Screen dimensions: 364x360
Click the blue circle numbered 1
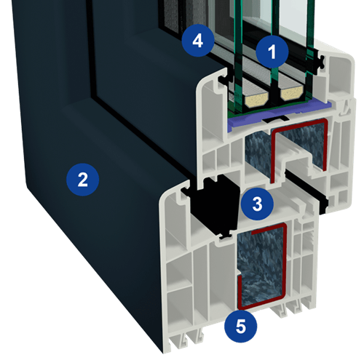[272, 52]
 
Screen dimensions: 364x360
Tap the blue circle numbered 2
[83, 180]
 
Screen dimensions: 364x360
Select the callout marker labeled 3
[257, 204]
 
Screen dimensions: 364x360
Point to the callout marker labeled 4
[198, 41]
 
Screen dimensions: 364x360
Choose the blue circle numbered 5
[240, 326]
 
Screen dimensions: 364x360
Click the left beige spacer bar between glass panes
[257, 98]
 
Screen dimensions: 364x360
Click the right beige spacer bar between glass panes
[292, 92]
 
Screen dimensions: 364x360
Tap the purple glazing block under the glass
[279, 114]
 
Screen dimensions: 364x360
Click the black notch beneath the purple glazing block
[276, 119]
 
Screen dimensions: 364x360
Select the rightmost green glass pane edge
[309, 49]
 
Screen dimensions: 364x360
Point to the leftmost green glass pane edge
[238, 56]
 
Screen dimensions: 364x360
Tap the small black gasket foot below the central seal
[224, 236]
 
